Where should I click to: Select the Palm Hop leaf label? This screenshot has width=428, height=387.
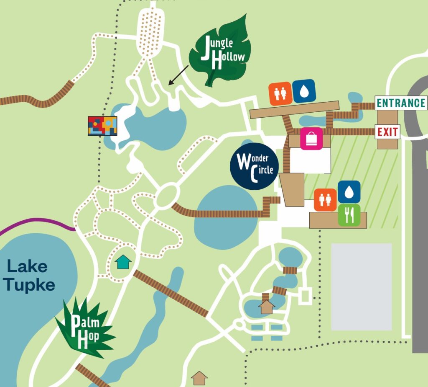point(85,329)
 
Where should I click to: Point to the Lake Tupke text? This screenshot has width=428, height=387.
point(29,275)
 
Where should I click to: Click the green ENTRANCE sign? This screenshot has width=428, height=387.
point(400,103)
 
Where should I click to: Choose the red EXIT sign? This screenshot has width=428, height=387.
point(387,132)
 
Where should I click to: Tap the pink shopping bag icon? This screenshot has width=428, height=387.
point(311,138)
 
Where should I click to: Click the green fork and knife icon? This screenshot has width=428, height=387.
point(349,215)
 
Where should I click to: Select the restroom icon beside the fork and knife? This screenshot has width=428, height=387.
point(325,199)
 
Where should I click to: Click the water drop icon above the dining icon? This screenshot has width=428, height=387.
point(349,192)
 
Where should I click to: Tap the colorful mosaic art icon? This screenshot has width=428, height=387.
point(102,126)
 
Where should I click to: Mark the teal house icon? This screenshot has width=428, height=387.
point(123,262)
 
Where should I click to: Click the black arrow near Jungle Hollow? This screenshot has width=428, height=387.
point(178,75)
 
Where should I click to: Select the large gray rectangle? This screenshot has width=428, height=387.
point(362,287)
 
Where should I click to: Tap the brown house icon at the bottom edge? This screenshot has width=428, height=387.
point(199,378)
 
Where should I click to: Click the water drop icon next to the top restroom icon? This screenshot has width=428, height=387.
point(304,91)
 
